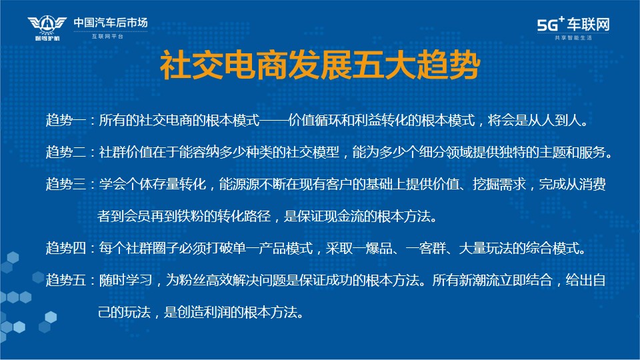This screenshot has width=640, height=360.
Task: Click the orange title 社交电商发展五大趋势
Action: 320,65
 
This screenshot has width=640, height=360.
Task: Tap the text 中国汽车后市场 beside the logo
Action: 111,23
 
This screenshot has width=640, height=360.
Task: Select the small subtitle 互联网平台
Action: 107,36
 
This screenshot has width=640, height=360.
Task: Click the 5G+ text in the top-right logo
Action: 551,24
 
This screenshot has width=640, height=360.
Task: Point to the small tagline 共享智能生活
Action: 573,37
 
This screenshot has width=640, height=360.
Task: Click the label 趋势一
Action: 66,121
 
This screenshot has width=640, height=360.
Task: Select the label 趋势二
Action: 66,152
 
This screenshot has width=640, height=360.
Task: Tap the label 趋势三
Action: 66,184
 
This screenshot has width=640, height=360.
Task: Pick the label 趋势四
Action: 66,248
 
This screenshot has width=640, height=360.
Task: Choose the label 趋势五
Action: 66,280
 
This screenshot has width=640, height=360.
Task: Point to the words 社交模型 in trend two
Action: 312,152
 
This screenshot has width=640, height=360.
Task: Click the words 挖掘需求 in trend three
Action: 499,184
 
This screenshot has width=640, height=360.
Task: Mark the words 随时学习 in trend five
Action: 125,280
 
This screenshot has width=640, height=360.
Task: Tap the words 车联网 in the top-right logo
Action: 588,25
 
